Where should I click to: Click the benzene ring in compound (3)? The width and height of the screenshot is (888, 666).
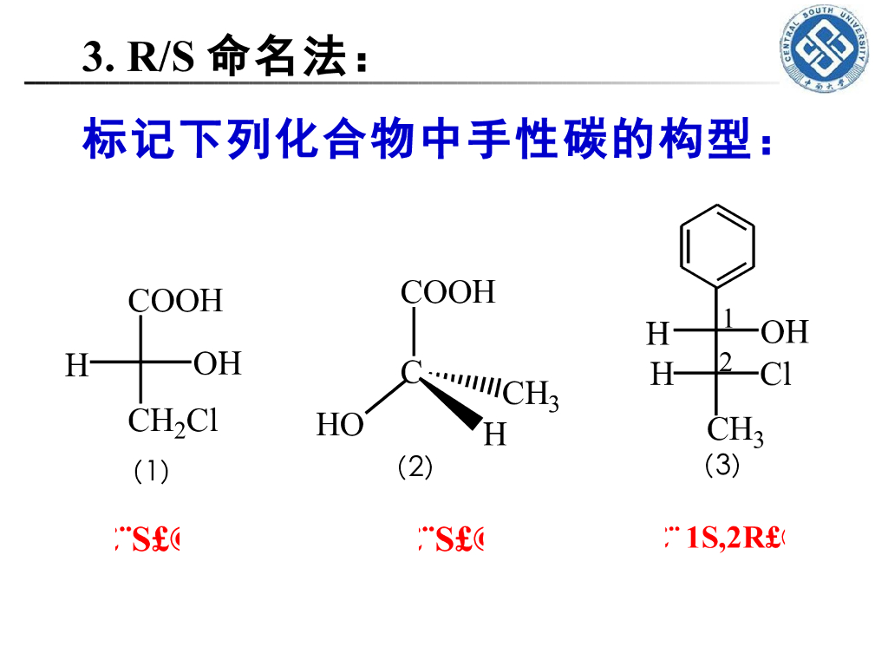717,246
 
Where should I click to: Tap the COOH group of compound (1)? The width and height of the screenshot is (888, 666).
175,301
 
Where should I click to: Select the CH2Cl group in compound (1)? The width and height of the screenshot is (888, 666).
173,421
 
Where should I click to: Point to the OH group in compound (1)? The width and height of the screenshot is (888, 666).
217,363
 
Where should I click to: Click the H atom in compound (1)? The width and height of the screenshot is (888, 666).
77,366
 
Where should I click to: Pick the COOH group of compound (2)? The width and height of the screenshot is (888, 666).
447,292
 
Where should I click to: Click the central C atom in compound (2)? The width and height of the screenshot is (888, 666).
411,373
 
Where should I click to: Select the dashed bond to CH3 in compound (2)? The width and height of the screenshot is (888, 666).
464,382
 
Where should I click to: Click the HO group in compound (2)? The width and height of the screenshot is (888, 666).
340,426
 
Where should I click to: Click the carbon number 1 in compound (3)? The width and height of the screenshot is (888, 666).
728,319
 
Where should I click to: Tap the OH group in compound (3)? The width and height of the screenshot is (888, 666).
784,332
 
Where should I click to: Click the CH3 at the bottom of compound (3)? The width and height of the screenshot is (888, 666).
735,429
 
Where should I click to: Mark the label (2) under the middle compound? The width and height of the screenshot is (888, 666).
415,467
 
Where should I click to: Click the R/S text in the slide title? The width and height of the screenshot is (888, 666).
160,58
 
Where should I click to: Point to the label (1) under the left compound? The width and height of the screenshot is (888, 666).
151,472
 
